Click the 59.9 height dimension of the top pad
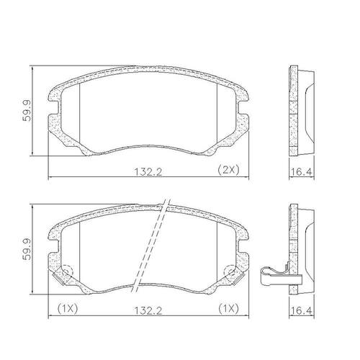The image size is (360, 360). click(27, 111)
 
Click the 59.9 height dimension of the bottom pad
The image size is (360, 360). click(27, 249)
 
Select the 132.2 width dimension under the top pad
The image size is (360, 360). click(148, 172)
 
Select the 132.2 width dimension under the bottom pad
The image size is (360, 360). click(148, 311)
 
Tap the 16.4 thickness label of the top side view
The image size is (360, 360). click(301, 172)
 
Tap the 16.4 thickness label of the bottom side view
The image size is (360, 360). click(301, 311)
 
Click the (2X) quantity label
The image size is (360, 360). click(228, 170)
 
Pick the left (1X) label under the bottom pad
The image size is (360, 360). click(68, 308)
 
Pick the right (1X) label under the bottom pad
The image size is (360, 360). click(228, 308)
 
